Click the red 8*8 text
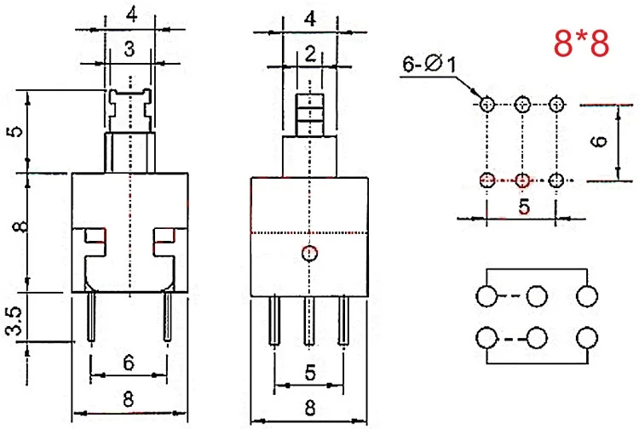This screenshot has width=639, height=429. click(582, 43)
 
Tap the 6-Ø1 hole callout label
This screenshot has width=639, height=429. click(429, 64)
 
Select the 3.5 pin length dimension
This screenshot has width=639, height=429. click(14, 321)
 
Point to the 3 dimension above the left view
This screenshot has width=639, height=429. click(130, 49)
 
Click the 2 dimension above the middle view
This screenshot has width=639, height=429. click(310, 54)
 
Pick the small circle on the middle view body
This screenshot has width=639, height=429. click(310, 254)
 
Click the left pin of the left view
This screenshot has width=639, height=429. click(91, 317)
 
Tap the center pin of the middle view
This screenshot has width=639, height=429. click(310, 322)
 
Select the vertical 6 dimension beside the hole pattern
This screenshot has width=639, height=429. click(599, 141)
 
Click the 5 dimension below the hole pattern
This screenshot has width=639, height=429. click(524, 206)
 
